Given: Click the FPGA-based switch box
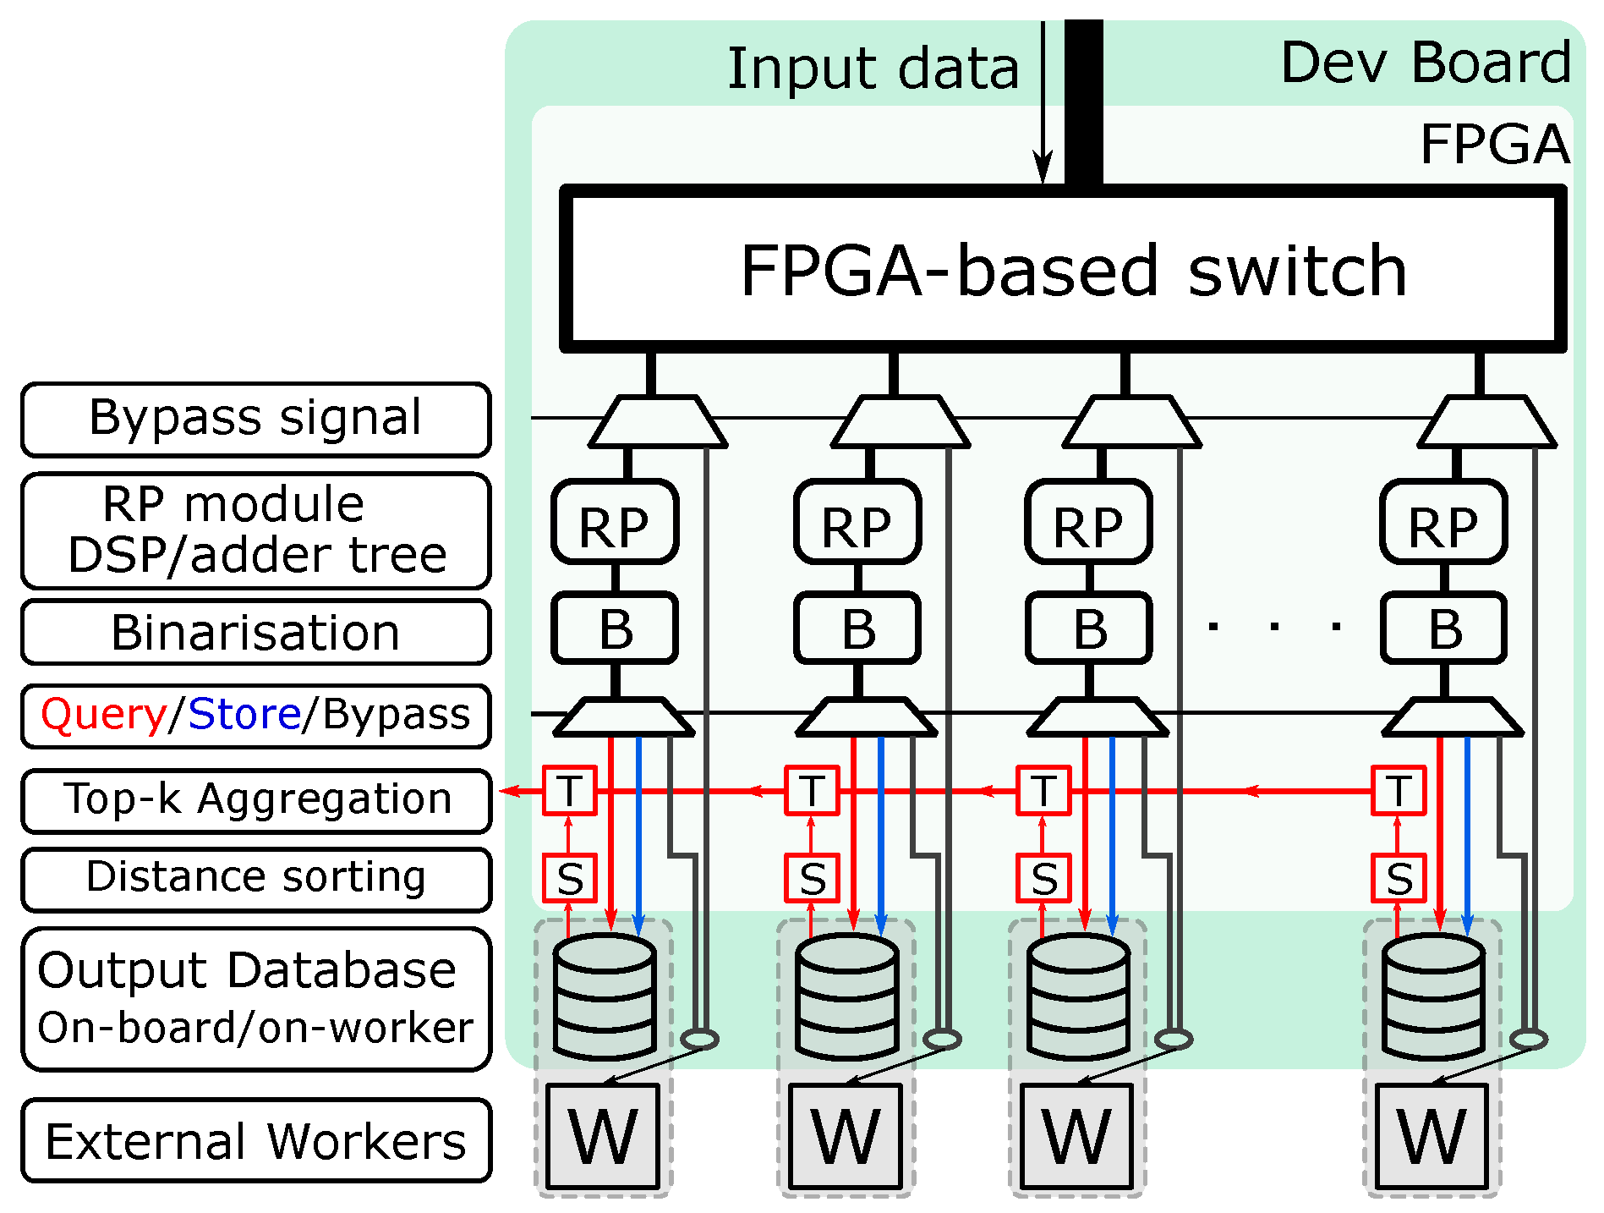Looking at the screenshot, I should coord(1063,269).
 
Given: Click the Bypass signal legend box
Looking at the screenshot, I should coord(255,419).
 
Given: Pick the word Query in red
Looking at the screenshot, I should coord(103,715).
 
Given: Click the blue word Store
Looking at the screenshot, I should coord(244,715).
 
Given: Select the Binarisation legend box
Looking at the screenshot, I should coord(255,633).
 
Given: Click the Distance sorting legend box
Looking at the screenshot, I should coord(255,878).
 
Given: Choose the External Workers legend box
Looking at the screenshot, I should coord(255,1140).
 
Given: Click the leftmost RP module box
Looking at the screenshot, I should coord(615,522).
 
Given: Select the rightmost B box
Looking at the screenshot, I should coord(1443,628).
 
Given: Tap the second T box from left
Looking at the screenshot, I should coord(812,791).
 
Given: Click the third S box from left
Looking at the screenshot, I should coord(1043,878).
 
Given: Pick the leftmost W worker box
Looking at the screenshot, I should coord(603,1137).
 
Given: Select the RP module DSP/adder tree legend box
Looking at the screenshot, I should coord(255,530).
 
